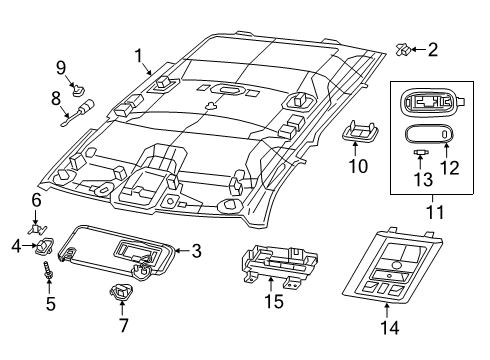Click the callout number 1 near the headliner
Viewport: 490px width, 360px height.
click(x=139, y=56)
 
